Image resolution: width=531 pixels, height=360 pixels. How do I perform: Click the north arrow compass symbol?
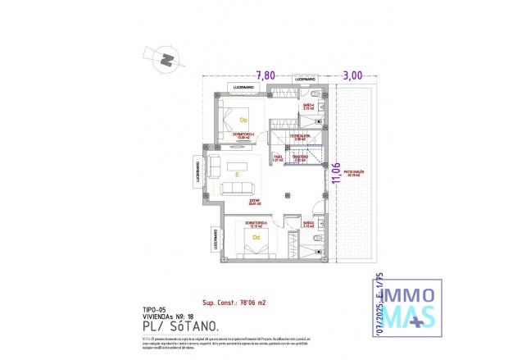point(166,59)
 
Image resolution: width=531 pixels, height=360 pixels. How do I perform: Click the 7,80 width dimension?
point(265,75)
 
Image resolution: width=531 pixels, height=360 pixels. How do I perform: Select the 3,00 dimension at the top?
point(352,75)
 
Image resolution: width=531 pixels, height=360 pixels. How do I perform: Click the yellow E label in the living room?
point(236,174)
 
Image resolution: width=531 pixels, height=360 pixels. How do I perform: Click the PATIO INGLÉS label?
point(355,173)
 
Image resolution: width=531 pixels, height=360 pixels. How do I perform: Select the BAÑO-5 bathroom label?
point(308,223)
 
